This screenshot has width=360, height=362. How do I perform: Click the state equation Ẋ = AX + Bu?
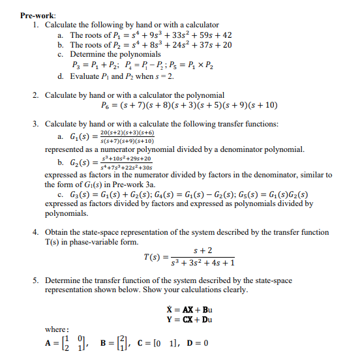[189, 309]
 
